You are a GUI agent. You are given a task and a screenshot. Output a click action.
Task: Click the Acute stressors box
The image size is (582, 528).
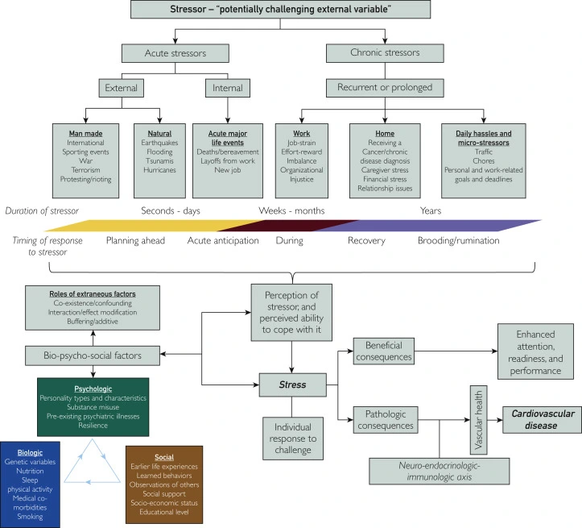[x=175, y=54]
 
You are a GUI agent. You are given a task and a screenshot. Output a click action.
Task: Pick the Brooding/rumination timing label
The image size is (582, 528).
[x=458, y=240]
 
